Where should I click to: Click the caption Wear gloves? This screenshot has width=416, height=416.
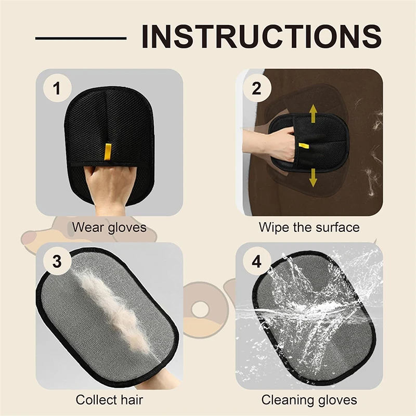(x=109, y=227)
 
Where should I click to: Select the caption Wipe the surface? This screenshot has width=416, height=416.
(x=309, y=227)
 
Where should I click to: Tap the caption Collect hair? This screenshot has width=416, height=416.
(x=109, y=400)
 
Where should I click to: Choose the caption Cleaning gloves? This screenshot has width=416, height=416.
(x=309, y=400)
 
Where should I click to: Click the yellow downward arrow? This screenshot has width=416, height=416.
(x=313, y=177)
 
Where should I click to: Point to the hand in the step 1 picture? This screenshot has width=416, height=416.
(x=107, y=187)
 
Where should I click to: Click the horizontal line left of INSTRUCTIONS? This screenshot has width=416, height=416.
(x=81, y=38)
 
